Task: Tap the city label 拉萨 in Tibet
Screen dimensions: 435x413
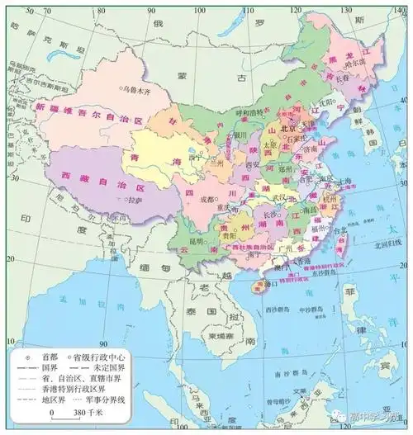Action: pyautogui.click(x=135, y=201)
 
